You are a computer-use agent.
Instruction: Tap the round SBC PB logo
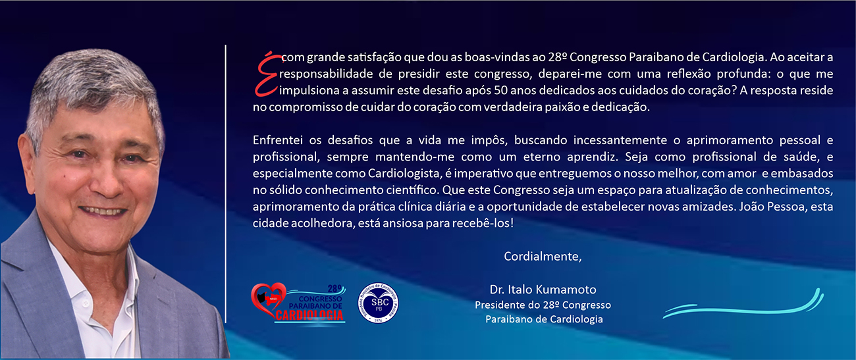point(378,303)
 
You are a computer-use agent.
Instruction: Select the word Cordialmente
point(543,256)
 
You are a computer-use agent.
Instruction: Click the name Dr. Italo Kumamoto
point(543,290)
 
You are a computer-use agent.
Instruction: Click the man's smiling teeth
point(103,211)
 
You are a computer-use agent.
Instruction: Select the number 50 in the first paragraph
point(500,90)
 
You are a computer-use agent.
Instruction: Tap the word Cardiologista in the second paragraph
point(403,174)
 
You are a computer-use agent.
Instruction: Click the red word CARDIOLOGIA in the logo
point(309,315)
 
